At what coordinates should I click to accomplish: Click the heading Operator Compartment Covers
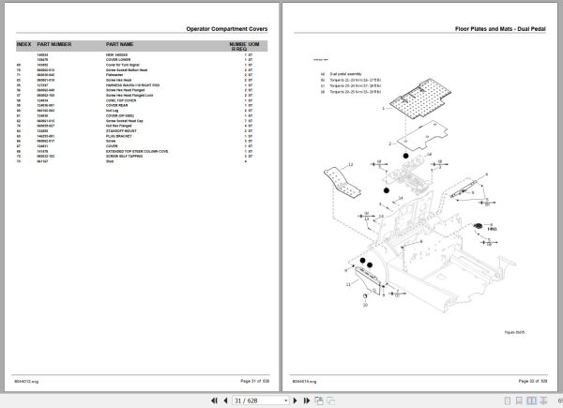point(227,30)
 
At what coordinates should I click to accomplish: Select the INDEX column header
point(24,45)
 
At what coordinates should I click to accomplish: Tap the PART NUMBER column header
point(54,45)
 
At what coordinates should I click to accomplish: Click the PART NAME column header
point(120,45)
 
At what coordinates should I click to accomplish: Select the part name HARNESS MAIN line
point(134,85)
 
